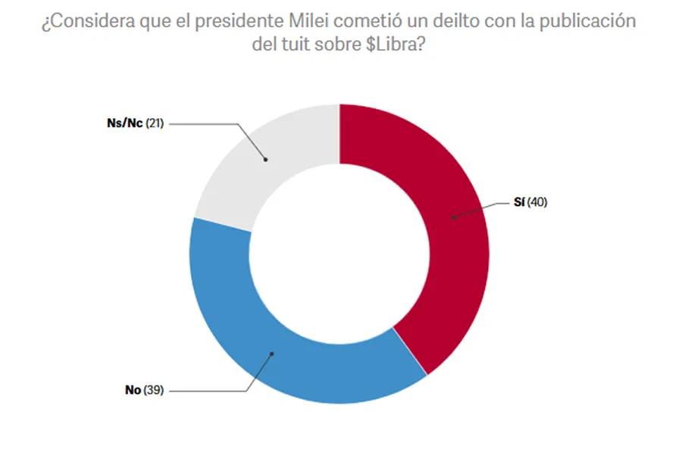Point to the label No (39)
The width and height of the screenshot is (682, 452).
click(x=144, y=391)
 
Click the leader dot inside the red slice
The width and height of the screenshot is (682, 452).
click(x=452, y=217)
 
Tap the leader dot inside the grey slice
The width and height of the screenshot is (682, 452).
click(x=266, y=159)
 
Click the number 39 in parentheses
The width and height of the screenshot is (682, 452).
click(x=154, y=391)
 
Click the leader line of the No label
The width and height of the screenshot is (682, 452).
click(x=212, y=391)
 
